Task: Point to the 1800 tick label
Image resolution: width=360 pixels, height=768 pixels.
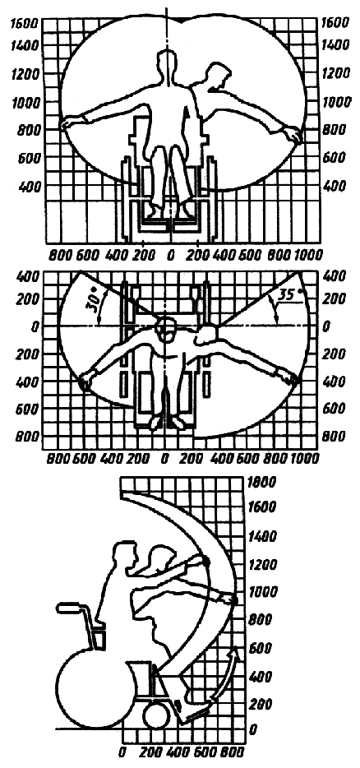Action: (x=262, y=482)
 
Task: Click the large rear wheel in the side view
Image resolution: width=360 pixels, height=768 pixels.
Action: (x=91, y=692)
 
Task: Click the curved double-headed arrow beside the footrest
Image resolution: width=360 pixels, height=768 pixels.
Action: (x=226, y=680)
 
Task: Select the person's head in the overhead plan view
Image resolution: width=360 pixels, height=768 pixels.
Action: (x=165, y=330)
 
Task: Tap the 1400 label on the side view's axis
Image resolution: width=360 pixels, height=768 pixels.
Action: (x=262, y=536)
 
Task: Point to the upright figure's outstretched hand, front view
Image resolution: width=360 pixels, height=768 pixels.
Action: (x=68, y=123)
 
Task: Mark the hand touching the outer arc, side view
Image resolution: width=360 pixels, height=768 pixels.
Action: (x=231, y=599)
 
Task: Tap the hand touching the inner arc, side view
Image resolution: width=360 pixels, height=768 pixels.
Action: (x=203, y=561)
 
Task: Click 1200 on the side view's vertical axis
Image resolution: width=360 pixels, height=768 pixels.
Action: (x=262, y=566)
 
